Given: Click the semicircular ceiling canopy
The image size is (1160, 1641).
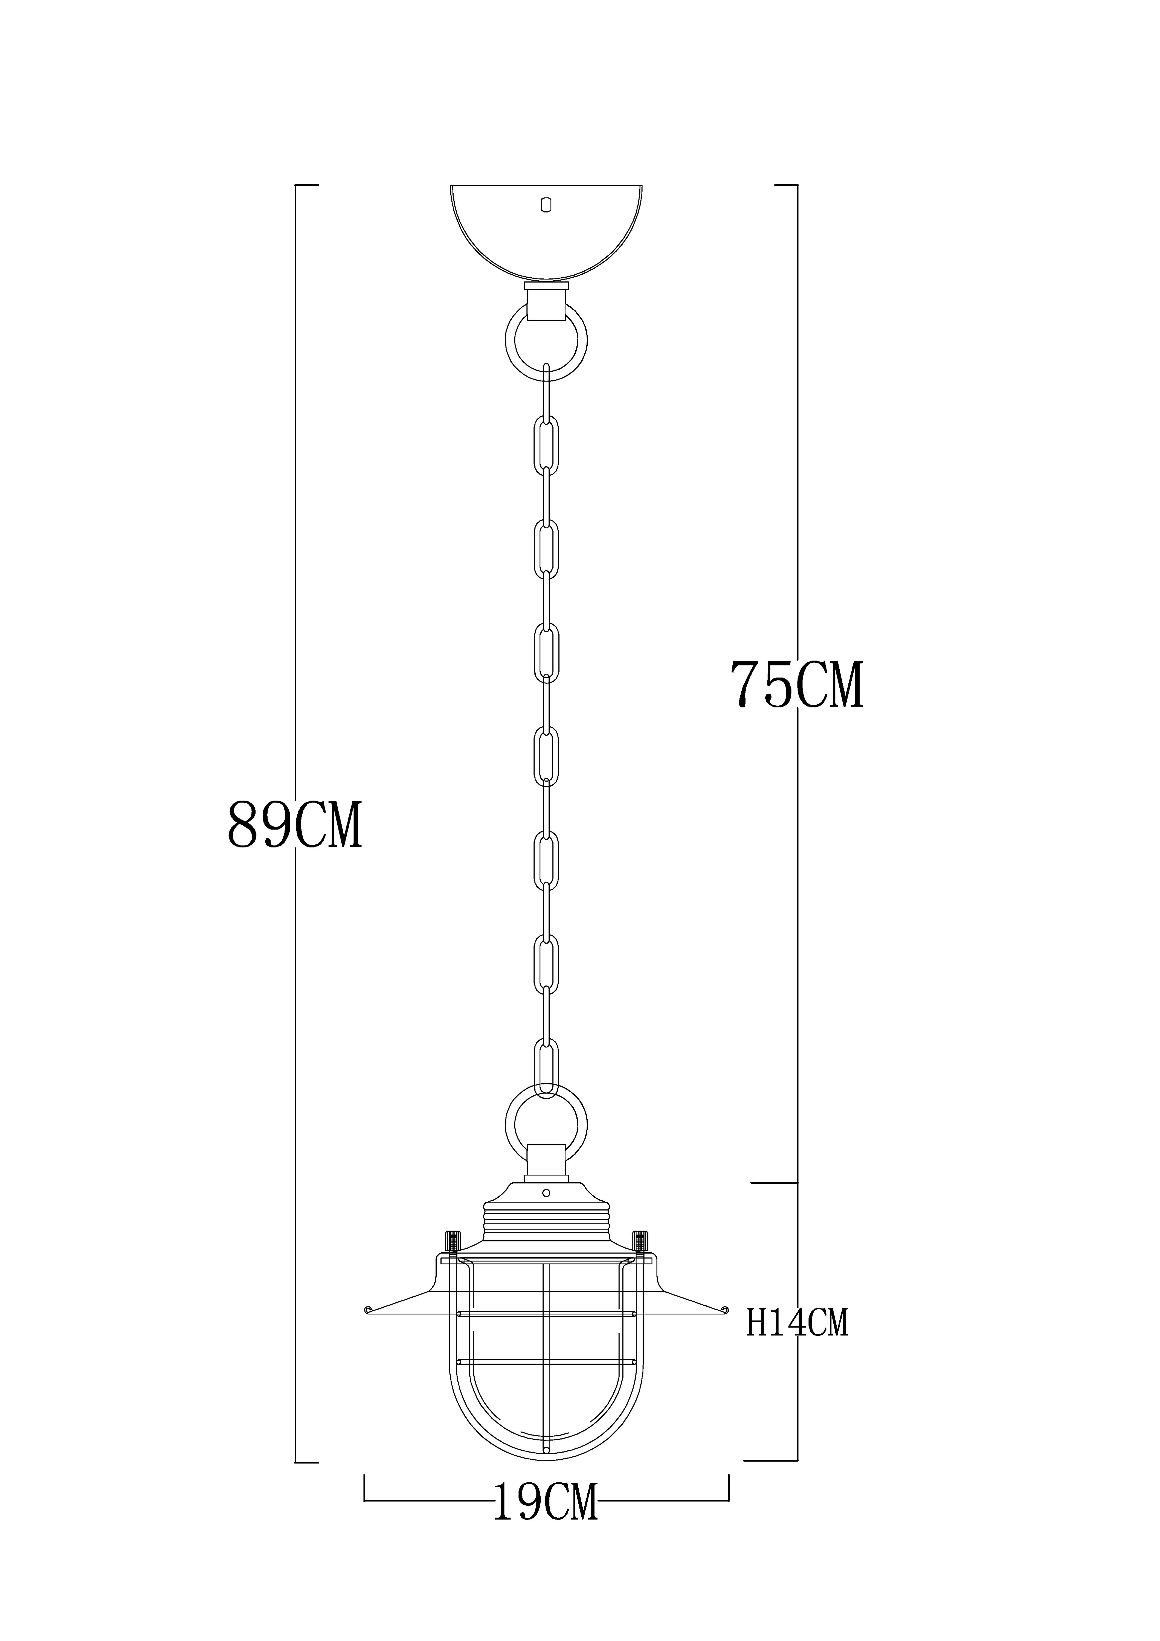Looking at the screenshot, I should coord(546,236).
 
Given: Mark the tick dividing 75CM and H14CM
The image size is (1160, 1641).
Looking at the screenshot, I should coord(775,1184).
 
